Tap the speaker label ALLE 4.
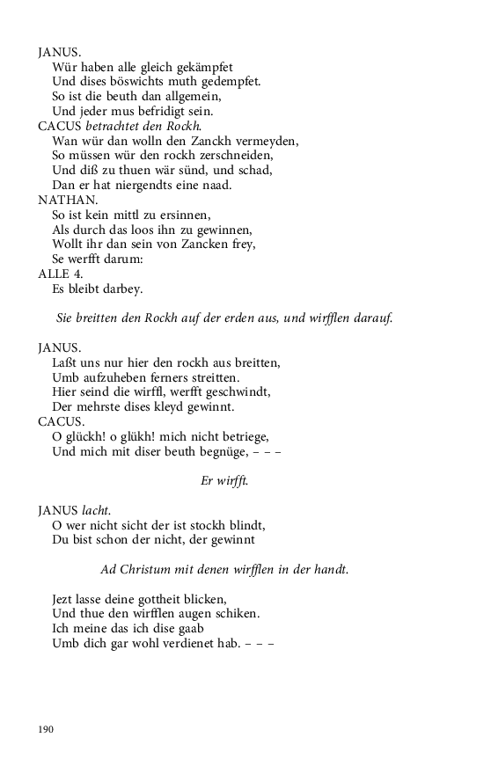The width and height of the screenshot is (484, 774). [x=59, y=274]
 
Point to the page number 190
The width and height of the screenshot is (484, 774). [x=46, y=729]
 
